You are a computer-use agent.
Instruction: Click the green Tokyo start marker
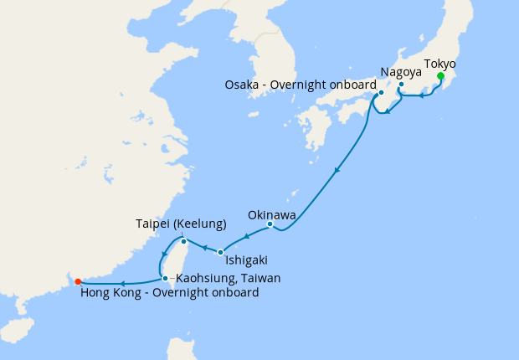pos(440,76)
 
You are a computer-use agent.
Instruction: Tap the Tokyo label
pos(440,64)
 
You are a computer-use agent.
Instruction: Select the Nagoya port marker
pos(401,85)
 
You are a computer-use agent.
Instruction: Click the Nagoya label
pos(399,73)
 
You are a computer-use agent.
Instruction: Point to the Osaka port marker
pos(381,93)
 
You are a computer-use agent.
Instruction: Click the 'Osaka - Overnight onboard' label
pos(301,85)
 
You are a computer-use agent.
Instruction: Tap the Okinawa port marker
pos(270,224)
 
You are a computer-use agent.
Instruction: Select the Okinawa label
pos(270,213)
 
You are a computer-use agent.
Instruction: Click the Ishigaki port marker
pos(220,252)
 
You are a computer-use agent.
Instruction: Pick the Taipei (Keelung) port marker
pos(183,241)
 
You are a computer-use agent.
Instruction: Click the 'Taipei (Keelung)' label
pos(182,224)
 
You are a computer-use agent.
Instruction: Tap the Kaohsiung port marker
pos(165,278)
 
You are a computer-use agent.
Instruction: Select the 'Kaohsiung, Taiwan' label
pos(227,278)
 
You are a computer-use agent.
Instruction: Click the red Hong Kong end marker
pos(77,281)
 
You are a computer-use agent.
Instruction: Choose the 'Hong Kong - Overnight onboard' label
pos(169,293)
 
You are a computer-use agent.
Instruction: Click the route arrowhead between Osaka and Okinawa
pos(337,172)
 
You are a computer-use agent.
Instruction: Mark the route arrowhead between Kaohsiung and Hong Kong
pos(123,283)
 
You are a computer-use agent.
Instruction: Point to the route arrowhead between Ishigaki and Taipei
pos(203,247)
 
